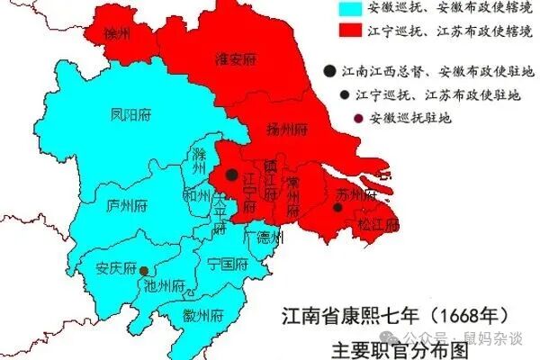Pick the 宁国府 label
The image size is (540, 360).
(227, 265)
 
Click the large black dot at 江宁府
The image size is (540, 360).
(232, 174)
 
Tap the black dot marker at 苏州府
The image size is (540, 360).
(337, 208)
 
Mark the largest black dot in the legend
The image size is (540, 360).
(333, 70)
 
